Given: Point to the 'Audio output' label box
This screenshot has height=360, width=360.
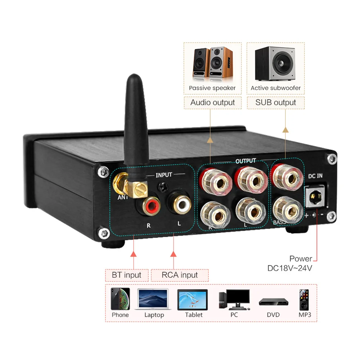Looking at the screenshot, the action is coord(212,103).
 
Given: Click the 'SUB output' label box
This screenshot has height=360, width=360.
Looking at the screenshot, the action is coord(275,103).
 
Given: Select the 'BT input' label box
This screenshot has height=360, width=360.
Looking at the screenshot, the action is coord(126,275).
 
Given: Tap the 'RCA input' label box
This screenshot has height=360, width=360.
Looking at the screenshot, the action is coord(180,275).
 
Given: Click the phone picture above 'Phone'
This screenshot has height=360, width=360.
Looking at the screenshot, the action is coord(120,299).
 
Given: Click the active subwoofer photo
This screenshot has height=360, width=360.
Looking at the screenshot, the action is coord(275,64).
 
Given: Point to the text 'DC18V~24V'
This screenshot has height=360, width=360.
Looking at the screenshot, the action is coord(290,268).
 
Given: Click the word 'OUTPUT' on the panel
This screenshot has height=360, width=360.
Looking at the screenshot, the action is coord(246,161).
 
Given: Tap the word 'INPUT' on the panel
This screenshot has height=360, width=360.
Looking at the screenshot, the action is coord(164,175).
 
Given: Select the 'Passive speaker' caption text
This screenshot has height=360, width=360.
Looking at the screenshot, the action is coord(212,88).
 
